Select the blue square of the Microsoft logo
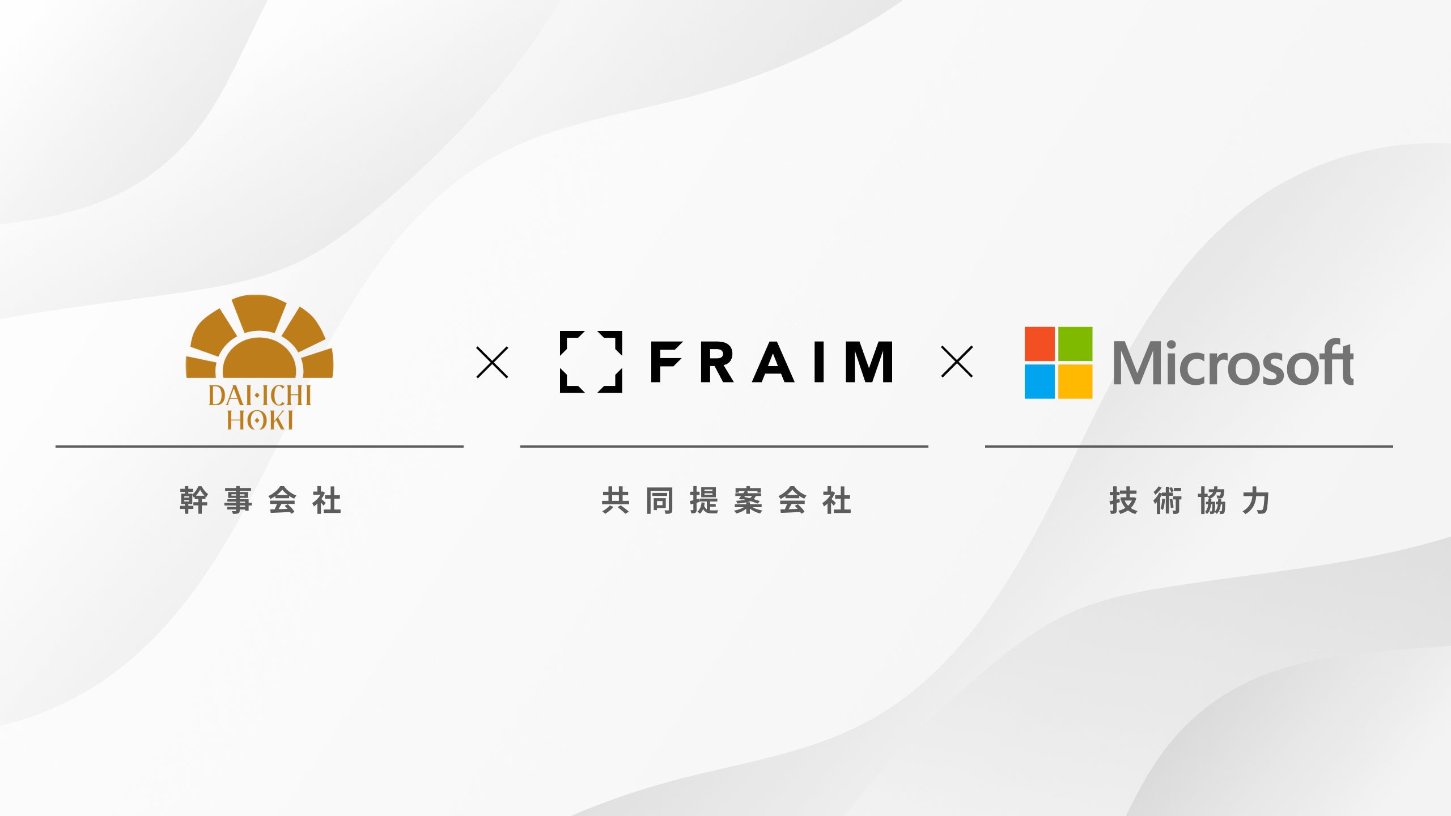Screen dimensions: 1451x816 coord(1040,381)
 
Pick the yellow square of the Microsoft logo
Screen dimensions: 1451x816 coord(1075,381)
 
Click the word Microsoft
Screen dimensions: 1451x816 coord(1233,363)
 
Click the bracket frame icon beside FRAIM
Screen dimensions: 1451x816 coord(591,362)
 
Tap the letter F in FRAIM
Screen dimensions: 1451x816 coord(665,362)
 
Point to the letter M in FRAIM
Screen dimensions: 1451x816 coord(869,362)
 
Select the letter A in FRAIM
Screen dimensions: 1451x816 coord(774,362)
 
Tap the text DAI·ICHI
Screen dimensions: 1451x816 coord(260,396)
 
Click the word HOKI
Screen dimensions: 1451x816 coord(260,420)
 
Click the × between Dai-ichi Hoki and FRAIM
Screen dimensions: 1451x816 coord(492,363)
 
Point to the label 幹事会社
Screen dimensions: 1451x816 coord(260,500)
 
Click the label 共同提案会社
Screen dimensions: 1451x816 coord(726,500)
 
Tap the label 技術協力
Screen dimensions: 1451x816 coord(1189,500)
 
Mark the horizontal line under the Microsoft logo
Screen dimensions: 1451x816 coord(1189,447)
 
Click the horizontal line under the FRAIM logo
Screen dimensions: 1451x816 coord(724,447)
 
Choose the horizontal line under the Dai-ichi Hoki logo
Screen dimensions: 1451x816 coord(260,447)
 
